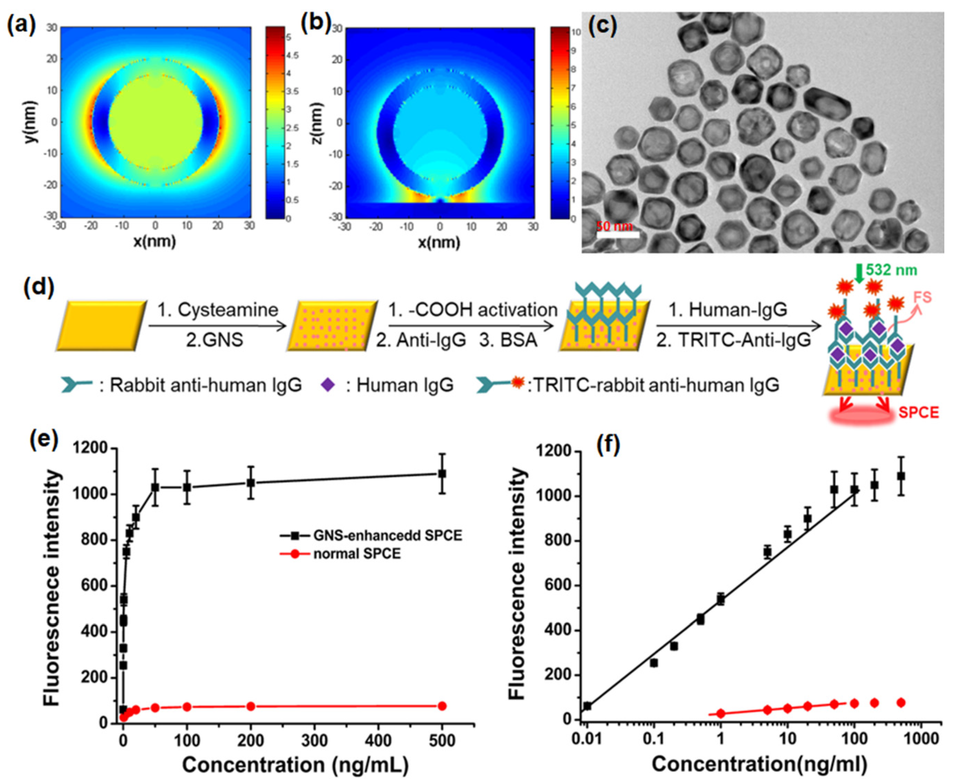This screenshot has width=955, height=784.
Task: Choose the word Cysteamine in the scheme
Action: tap(228, 310)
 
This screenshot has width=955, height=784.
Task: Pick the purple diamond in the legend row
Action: tap(328, 385)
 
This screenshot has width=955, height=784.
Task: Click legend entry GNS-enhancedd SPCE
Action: tap(387, 536)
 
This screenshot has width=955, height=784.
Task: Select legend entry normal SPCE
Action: tap(357, 553)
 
